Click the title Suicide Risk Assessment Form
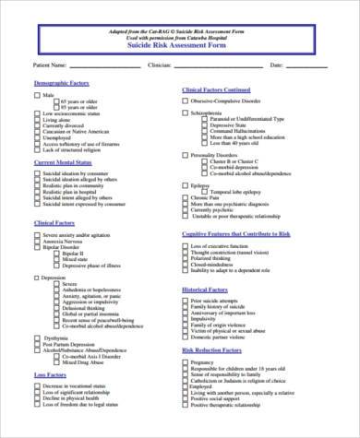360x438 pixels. pyautogui.click(x=180, y=45)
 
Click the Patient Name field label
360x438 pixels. pyautogui.click(x=49, y=66)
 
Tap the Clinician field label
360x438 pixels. pyautogui.click(x=160, y=66)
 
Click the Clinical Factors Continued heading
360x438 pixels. pyautogui.click(x=218, y=89)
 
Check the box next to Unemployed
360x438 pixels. pyautogui.click(x=38, y=137)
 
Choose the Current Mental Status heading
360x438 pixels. pyautogui.click(x=64, y=161)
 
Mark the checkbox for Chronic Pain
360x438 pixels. pyautogui.click(x=186, y=196)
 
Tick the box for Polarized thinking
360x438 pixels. pyautogui.click(x=186, y=259)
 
